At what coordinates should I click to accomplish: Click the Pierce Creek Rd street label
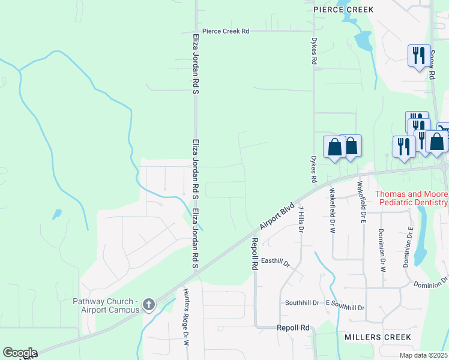(226, 31)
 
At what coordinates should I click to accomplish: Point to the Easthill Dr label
(276, 262)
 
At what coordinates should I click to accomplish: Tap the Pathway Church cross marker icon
(149, 305)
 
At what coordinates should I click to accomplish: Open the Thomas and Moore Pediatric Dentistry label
(411, 199)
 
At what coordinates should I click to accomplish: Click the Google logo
(20, 353)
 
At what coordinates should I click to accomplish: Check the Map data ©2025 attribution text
(423, 355)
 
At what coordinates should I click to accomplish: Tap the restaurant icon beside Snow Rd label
(418, 56)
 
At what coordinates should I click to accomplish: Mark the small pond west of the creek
(57, 214)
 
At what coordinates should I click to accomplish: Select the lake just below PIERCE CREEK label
(363, 41)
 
